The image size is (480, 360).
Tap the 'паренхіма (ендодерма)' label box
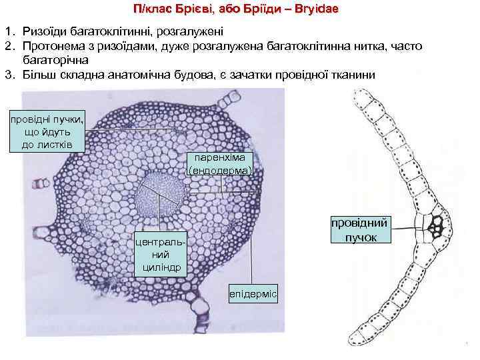[221, 163]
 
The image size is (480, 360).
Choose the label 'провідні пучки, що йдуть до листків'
[47, 131]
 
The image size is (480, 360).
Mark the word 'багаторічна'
[54, 60]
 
